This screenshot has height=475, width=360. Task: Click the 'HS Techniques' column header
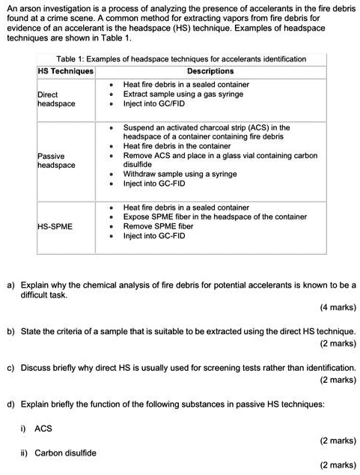66,71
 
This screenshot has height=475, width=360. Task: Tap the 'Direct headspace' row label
56,99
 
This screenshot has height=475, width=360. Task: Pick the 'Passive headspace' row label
56,160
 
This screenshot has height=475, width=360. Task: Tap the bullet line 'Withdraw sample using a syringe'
180,173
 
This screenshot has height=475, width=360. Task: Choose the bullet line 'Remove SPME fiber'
159,226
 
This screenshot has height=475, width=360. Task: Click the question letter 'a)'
10,285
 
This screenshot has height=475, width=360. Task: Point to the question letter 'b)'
10,330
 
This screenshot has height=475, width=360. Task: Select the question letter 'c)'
10,368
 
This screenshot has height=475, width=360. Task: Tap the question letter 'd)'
10,404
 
